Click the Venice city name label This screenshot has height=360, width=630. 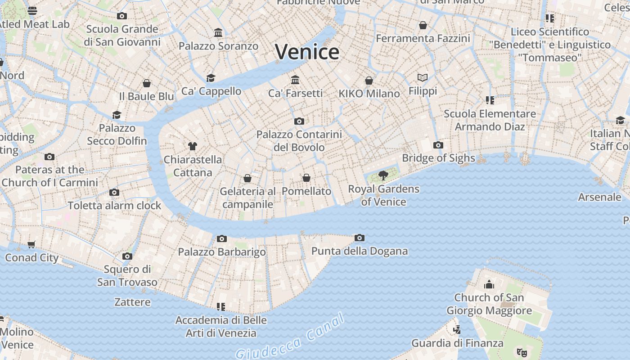(x=307, y=52)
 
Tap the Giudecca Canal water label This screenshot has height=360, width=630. (x=290, y=337)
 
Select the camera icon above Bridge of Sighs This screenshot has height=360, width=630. (x=438, y=145)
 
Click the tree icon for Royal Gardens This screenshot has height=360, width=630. (x=383, y=175)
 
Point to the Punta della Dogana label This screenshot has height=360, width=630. (x=360, y=251)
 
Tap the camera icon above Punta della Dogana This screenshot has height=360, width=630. (x=359, y=238)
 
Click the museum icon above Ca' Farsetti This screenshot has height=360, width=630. (x=295, y=80)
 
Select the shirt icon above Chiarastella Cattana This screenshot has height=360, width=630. (x=193, y=146)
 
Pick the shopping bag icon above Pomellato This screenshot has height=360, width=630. (x=306, y=178)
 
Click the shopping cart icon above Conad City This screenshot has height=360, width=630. (x=31, y=244)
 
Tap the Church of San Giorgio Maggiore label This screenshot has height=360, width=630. (x=489, y=304)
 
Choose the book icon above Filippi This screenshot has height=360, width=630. (x=422, y=78)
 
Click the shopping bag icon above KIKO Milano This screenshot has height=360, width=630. (x=369, y=81)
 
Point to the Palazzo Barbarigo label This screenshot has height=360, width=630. (x=222, y=252)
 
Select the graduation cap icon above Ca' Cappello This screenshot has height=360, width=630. (x=211, y=78)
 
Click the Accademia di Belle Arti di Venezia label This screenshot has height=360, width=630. (x=221, y=327)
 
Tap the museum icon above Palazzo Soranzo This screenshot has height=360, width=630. (x=219, y=32)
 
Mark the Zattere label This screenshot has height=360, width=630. (x=132, y=301)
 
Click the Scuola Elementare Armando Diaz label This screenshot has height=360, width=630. (x=490, y=120)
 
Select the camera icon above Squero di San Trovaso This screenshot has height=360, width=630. (x=127, y=256)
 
